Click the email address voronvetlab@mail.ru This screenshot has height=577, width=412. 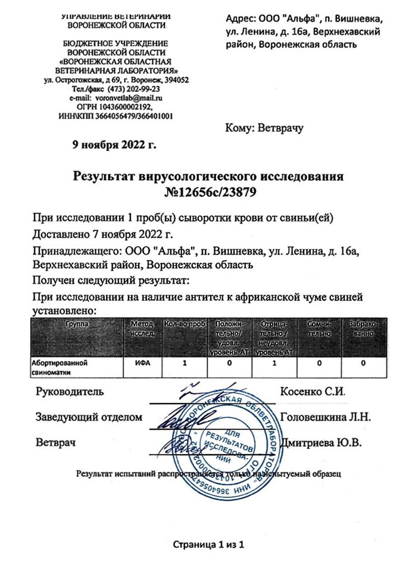point(133,97)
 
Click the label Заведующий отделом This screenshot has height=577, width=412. point(89,417)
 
